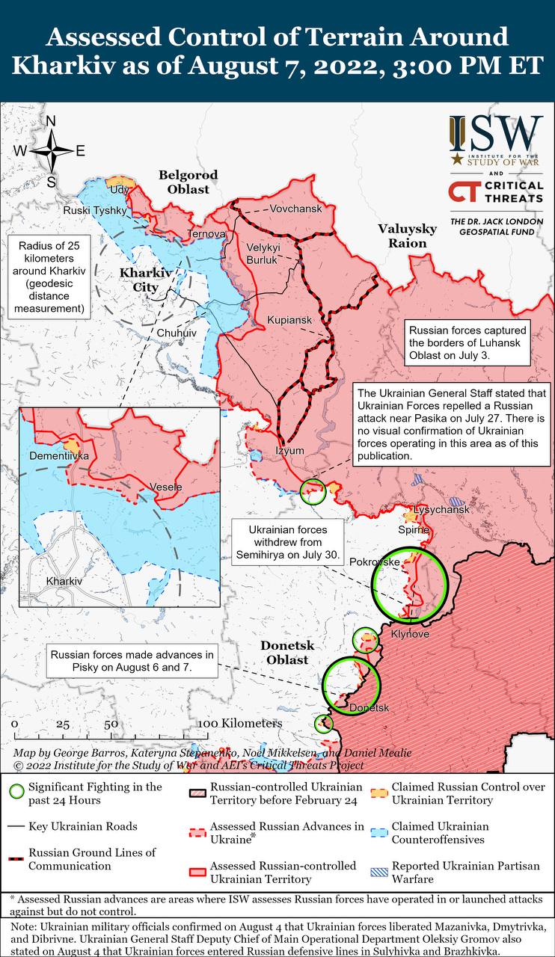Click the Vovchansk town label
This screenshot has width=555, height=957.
tap(296, 209)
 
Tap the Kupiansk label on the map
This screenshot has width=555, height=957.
tap(289, 320)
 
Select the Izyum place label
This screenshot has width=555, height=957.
tap(290, 450)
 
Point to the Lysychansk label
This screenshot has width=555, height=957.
tap(441, 509)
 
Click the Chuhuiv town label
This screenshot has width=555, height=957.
tap(177, 332)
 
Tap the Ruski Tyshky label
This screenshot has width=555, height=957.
tap(95, 210)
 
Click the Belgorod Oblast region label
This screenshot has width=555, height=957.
tap(188, 182)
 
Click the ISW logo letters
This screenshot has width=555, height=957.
tap(496, 132)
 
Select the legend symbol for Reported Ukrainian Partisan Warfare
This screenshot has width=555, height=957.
tap(380, 873)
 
